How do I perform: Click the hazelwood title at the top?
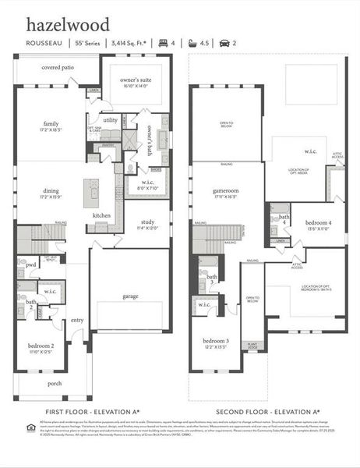[68, 25]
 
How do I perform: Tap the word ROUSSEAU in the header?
[44, 44]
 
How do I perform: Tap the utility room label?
[110, 119]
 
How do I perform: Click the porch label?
[55, 383]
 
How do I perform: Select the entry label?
[77, 319]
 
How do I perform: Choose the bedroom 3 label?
[216, 341]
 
